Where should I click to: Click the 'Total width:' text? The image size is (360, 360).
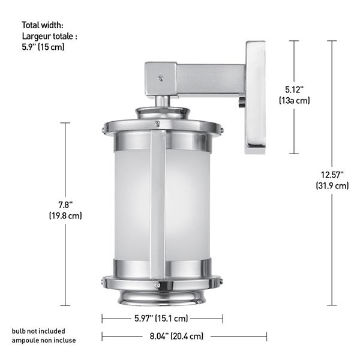[43, 25]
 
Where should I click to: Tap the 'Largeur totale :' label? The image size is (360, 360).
[50, 36]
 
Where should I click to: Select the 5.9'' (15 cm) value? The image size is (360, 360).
[43, 47]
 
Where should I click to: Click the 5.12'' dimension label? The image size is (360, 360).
[294, 89]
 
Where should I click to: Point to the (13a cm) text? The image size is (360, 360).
[294, 100]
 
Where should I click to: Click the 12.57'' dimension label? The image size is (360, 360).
[332, 175]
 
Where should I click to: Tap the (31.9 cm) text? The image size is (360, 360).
[332, 185]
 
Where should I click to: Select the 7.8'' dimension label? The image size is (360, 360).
[65, 204]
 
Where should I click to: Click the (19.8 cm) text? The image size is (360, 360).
[65, 215]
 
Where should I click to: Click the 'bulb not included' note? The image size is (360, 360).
[38, 331]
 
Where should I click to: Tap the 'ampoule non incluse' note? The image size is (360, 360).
[44, 340]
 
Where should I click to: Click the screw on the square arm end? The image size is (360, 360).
[160, 77]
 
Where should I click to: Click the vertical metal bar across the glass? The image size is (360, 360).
[157, 204]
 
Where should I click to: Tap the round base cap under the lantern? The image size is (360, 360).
[162, 295]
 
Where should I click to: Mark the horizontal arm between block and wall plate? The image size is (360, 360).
[210, 80]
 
